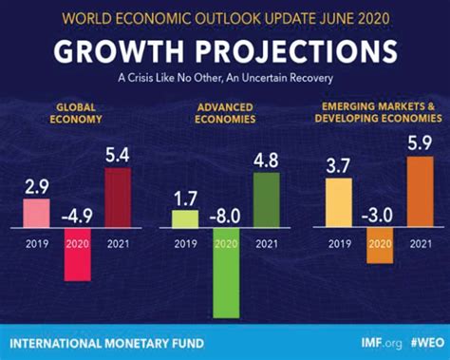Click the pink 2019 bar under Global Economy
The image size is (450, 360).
click(x=35, y=213)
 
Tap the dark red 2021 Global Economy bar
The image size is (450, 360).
click(x=118, y=198)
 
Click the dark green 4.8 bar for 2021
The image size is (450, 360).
click(x=267, y=200)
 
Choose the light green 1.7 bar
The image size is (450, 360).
click(x=184, y=219)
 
